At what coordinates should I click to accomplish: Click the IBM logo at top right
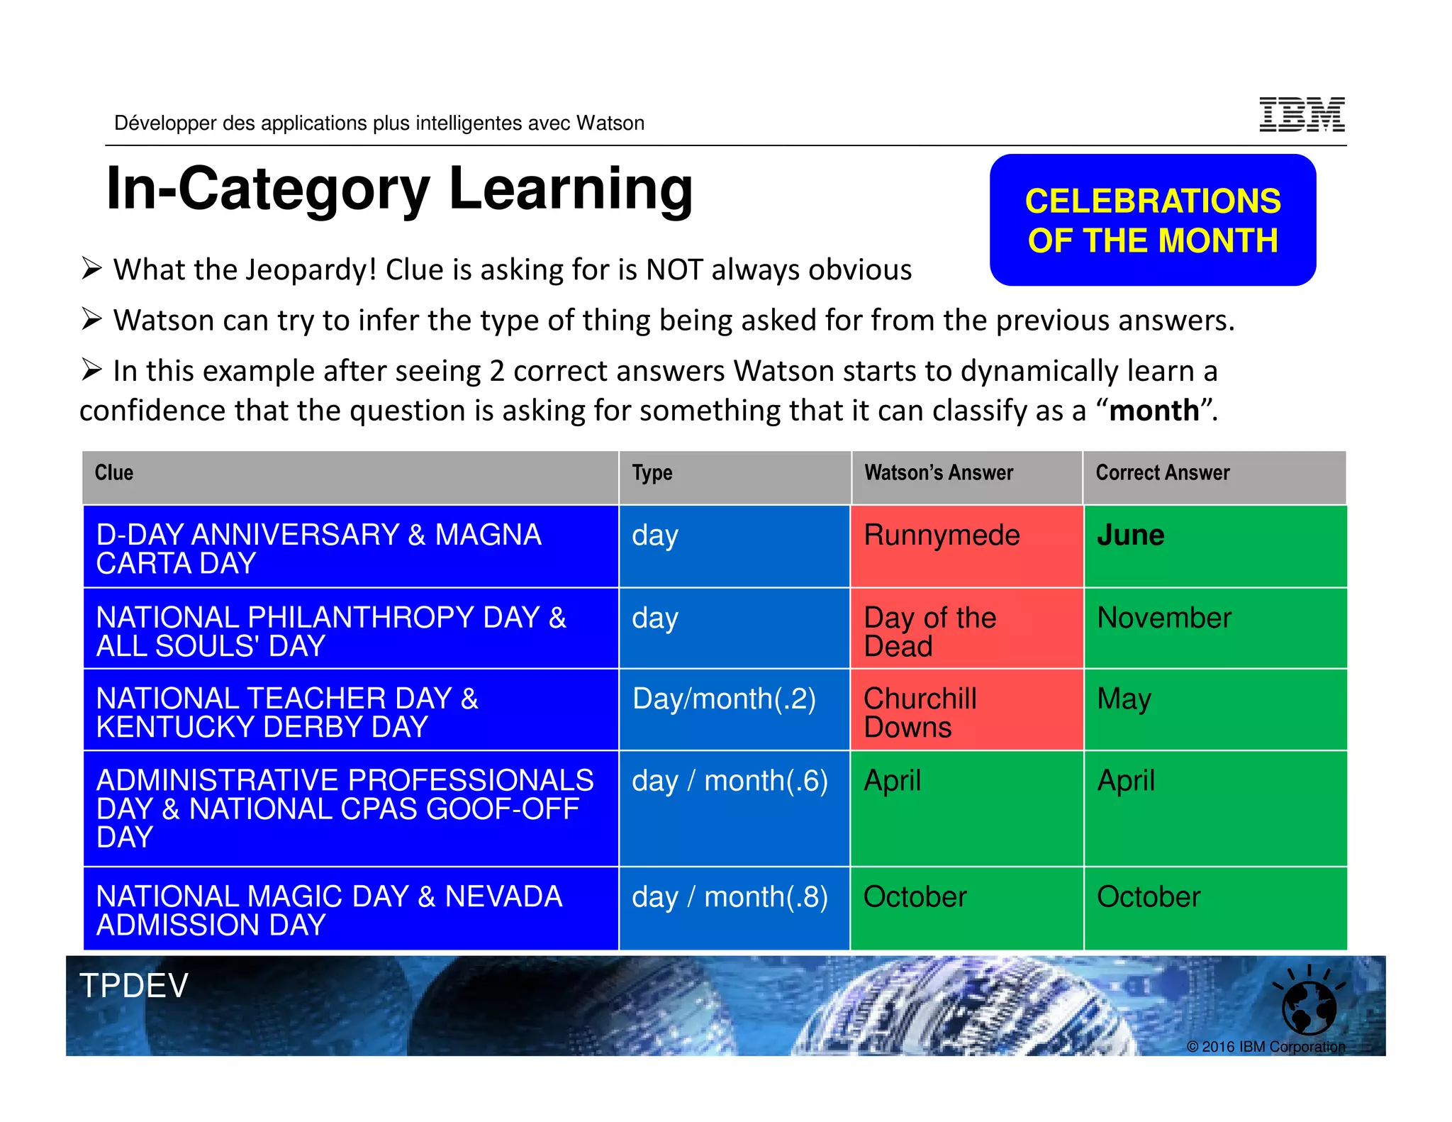(1302, 114)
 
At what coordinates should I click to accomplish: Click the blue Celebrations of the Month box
(1153, 220)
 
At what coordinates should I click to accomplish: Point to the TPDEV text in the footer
(134, 986)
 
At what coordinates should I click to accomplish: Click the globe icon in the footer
(1309, 1006)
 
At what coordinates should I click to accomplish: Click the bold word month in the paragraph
(1154, 411)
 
